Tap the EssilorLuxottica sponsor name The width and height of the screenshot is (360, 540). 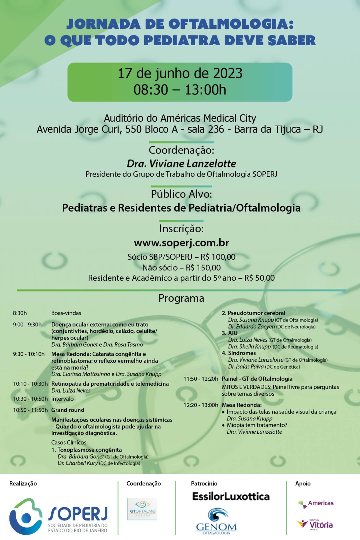(x=231, y=496)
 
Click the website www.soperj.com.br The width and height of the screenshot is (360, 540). (x=181, y=243)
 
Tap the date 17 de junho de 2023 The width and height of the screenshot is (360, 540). (x=180, y=73)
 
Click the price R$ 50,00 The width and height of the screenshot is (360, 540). (x=260, y=278)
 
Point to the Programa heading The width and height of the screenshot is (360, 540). (x=181, y=298)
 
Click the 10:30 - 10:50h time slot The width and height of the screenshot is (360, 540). (x=30, y=399)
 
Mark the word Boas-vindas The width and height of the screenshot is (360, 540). (x=66, y=313)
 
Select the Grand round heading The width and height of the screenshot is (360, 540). (x=68, y=410)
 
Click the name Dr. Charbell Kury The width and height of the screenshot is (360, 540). (x=78, y=463)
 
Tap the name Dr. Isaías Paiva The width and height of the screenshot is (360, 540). (x=246, y=367)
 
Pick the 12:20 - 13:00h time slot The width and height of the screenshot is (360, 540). (x=201, y=405)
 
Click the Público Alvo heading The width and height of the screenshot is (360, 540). (x=181, y=194)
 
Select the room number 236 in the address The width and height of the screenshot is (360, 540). (x=216, y=129)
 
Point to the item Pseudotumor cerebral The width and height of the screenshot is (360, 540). (x=256, y=313)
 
